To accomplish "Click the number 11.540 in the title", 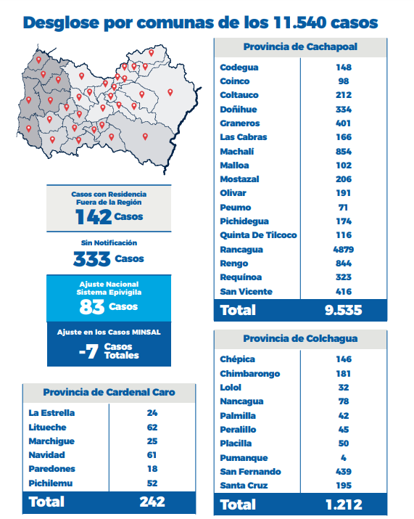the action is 299,23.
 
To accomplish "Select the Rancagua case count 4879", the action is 344,250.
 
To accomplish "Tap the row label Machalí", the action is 237,152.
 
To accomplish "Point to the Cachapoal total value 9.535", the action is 343,310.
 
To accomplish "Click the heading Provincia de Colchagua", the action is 300,338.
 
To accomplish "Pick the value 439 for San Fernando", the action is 344,472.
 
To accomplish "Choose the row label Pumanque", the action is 244,458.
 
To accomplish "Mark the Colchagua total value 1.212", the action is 344,504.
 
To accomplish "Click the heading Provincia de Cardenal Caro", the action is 109,392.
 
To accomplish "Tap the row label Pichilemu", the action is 51,483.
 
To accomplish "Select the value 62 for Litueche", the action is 152,428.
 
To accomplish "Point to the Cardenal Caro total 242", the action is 152,502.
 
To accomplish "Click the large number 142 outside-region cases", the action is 94,217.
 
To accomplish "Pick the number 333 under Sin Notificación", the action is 92,259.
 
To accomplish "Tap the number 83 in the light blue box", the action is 92,307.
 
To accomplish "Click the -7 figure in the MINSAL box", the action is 88,351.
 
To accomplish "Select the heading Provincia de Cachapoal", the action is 300,46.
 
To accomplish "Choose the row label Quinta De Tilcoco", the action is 259,235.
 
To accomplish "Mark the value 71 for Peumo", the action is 343,208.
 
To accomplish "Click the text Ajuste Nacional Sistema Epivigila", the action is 109,288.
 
